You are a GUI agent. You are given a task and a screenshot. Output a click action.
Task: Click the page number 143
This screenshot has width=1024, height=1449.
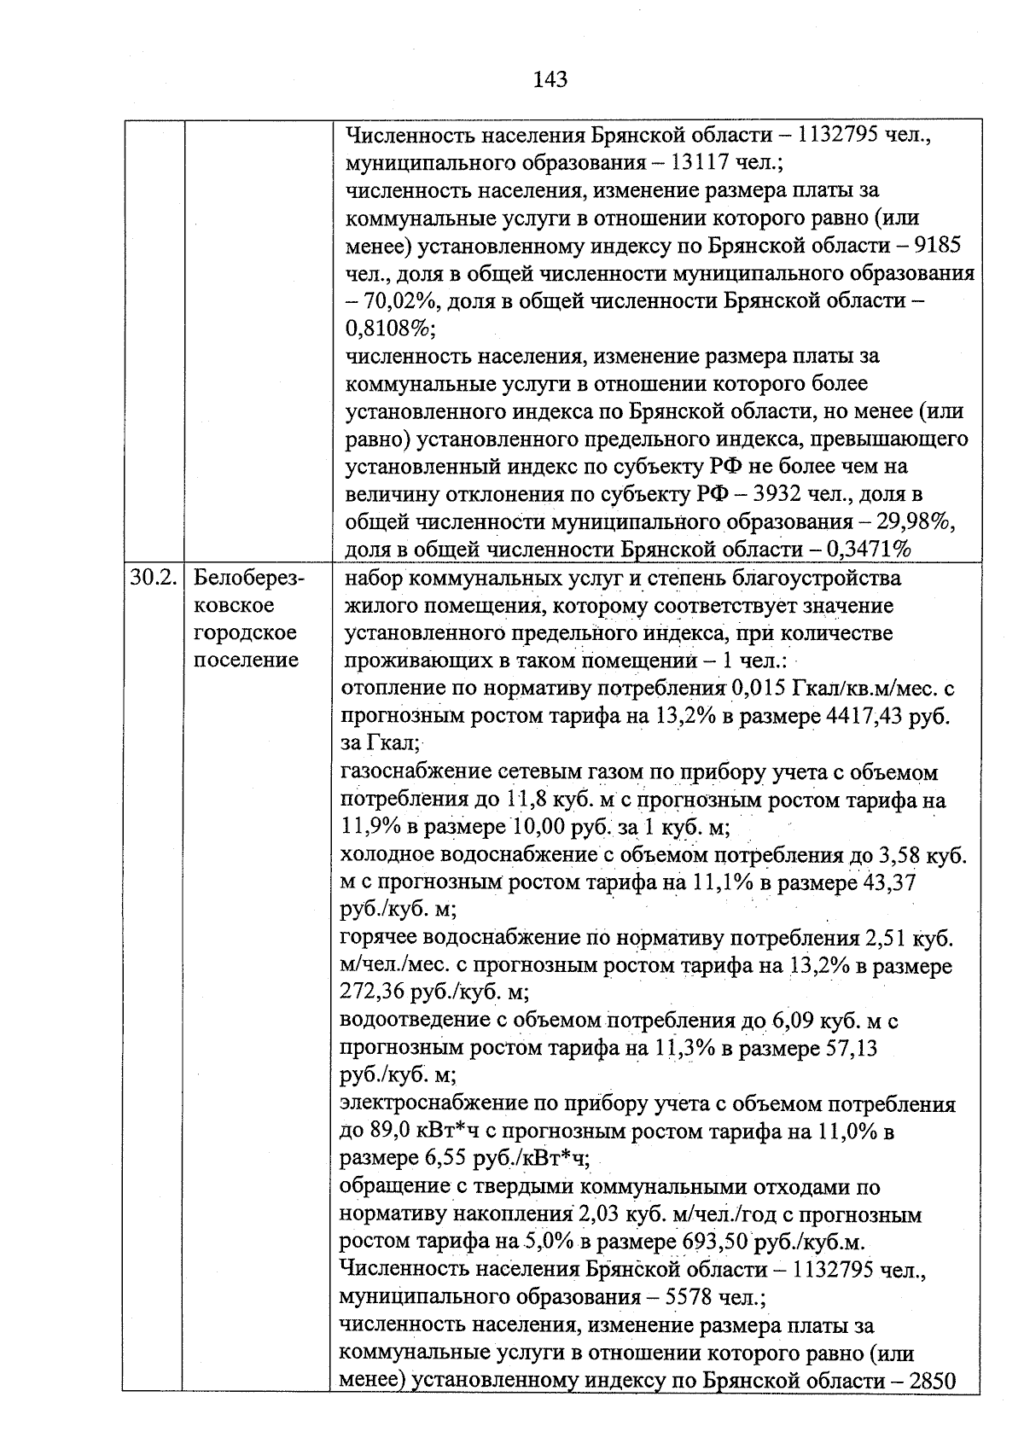(x=550, y=80)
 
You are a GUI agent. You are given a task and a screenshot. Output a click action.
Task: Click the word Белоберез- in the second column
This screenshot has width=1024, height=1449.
(x=249, y=578)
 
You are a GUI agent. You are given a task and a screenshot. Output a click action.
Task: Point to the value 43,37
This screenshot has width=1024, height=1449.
(x=890, y=882)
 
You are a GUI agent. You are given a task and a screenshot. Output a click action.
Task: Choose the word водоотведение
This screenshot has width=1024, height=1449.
(x=414, y=1021)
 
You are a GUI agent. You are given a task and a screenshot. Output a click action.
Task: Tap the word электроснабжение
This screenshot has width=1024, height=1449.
(x=433, y=1104)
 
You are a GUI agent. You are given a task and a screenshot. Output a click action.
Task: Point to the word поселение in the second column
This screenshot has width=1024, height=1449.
(x=247, y=660)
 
